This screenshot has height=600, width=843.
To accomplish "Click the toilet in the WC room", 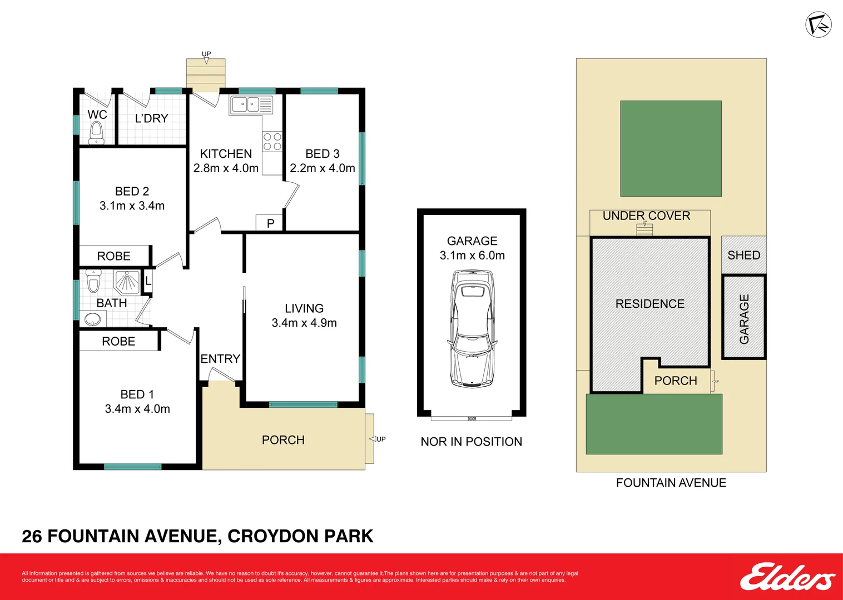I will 96,133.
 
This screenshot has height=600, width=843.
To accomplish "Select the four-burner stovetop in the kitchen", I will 272,141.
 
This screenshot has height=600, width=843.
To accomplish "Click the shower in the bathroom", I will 127,281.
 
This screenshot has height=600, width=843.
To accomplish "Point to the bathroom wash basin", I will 93,319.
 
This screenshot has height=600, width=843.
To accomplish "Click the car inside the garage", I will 472,328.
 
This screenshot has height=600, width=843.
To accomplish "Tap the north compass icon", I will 818,24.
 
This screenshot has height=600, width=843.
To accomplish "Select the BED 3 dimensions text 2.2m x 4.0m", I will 322,168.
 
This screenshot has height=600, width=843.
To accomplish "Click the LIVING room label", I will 304,308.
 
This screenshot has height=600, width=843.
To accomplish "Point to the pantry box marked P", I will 270,223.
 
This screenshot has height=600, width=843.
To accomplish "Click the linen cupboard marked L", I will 148,281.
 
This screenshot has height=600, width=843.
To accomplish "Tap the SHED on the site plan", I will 743,255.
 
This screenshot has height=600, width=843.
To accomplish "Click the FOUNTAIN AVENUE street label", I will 671,483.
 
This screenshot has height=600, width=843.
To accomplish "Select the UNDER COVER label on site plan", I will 646,216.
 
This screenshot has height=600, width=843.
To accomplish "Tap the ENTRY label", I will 220,359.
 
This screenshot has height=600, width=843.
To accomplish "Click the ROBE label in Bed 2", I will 113,256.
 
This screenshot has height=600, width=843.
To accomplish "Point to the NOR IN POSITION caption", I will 471,442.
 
